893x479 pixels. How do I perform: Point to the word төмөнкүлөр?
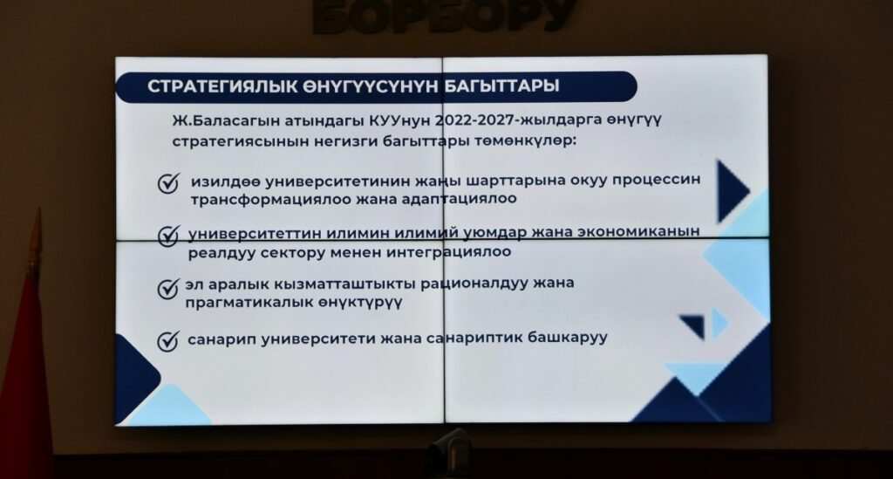pyautogui.click(x=525, y=140)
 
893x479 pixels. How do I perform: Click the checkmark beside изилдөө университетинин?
pyautogui.click(x=168, y=183)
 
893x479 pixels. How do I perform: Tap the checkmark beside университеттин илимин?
pyautogui.click(x=168, y=236)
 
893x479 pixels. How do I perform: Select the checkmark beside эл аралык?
pyautogui.click(x=168, y=289)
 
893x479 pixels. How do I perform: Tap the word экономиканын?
pyautogui.click(x=638, y=232)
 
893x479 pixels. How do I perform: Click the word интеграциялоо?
pyautogui.click(x=448, y=252)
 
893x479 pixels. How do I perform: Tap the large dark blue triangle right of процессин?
pyautogui.click(x=733, y=191)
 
